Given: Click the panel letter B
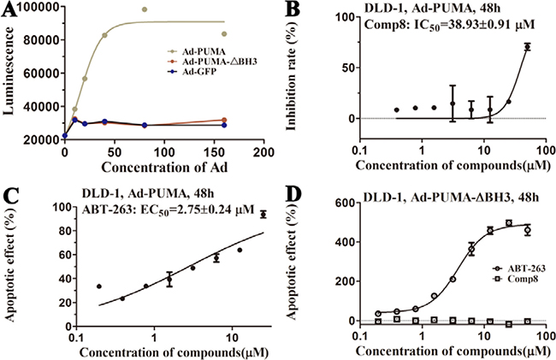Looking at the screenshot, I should (x=292, y=9).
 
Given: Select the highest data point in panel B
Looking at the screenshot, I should (x=528, y=47).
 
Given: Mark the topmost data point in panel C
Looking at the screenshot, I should (x=263, y=214).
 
